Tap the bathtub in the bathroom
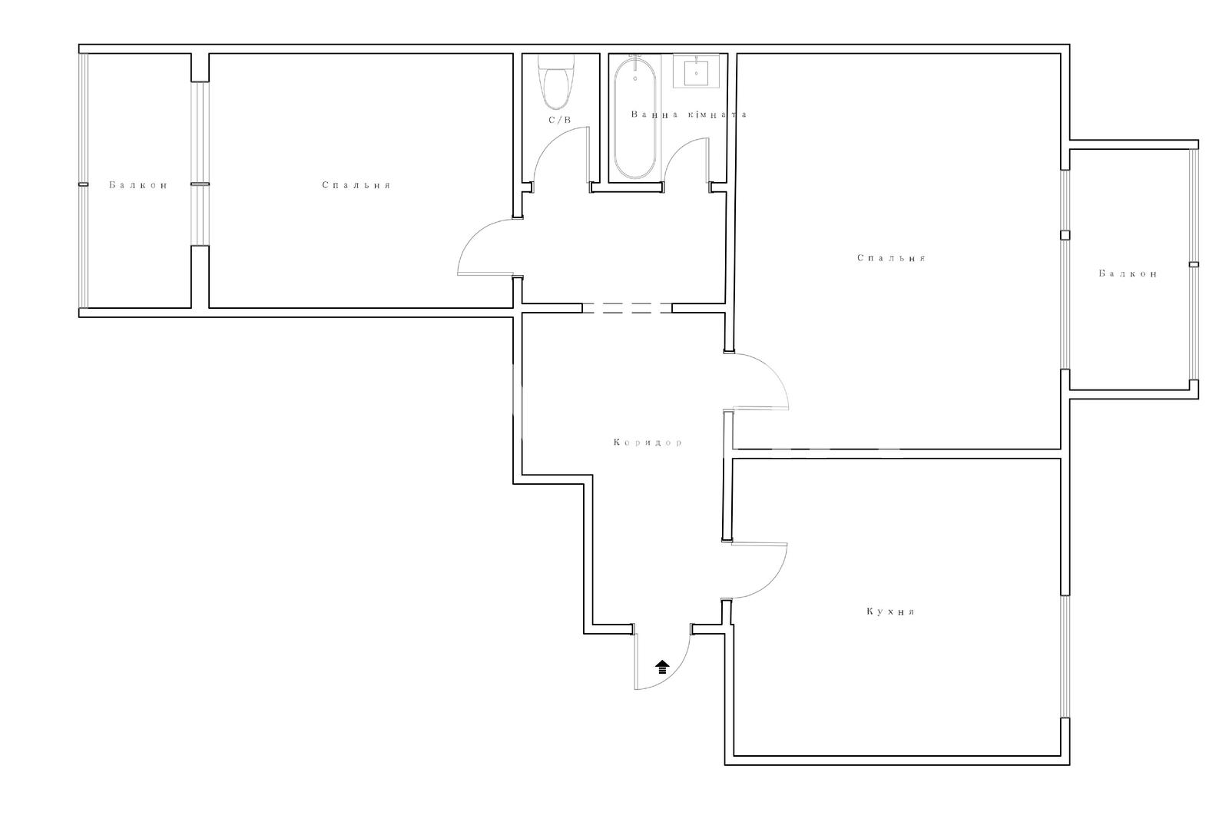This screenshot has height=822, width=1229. click(x=634, y=118)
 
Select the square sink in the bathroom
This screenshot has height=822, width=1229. click(x=696, y=72)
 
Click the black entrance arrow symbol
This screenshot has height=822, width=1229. click(x=663, y=667)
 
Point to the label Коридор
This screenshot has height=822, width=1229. click(x=648, y=442)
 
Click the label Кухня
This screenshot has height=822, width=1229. click(x=890, y=612)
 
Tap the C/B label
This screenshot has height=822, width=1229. click(x=560, y=120)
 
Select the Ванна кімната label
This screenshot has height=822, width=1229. click(x=689, y=114)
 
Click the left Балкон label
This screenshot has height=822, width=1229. click(x=137, y=185)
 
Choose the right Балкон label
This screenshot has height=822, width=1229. click(x=1128, y=273)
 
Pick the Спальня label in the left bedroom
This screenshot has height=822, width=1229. click(x=356, y=185)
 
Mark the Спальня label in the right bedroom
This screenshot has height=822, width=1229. click(x=892, y=258)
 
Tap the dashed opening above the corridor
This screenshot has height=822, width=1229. click(x=627, y=308)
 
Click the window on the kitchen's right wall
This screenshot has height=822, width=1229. click(x=1065, y=657)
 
